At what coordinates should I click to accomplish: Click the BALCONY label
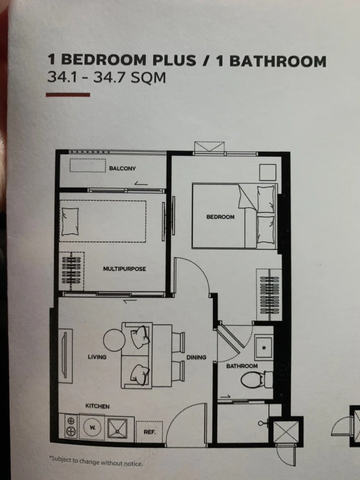[x=122, y=168]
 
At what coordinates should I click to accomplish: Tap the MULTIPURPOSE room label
[x=124, y=269]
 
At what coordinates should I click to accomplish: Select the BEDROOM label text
[x=220, y=217]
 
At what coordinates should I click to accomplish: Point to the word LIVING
[x=97, y=357]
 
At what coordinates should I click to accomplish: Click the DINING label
[x=196, y=357]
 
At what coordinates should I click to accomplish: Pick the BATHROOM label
[x=242, y=366]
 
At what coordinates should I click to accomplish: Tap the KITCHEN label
[x=97, y=406]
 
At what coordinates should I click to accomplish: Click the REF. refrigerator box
[x=149, y=432]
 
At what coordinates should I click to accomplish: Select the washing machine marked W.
[x=93, y=427]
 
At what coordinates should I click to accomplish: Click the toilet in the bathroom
[x=256, y=380]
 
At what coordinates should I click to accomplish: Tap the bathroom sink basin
[x=264, y=348]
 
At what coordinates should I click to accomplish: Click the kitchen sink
[x=117, y=428]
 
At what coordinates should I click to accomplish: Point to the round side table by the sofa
[x=114, y=340]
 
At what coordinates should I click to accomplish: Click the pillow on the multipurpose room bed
[x=70, y=222]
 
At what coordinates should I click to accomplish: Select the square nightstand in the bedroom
[x=268, y=172]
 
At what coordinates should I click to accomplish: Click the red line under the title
[x=68, y=95]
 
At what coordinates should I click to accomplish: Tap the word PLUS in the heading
[x=174, y=60]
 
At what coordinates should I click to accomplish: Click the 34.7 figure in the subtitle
[x=109, y=77]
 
